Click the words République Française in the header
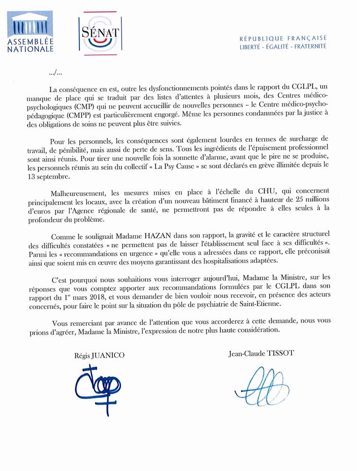[x=283, y=38]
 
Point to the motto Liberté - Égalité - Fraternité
[x=283, y=47]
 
